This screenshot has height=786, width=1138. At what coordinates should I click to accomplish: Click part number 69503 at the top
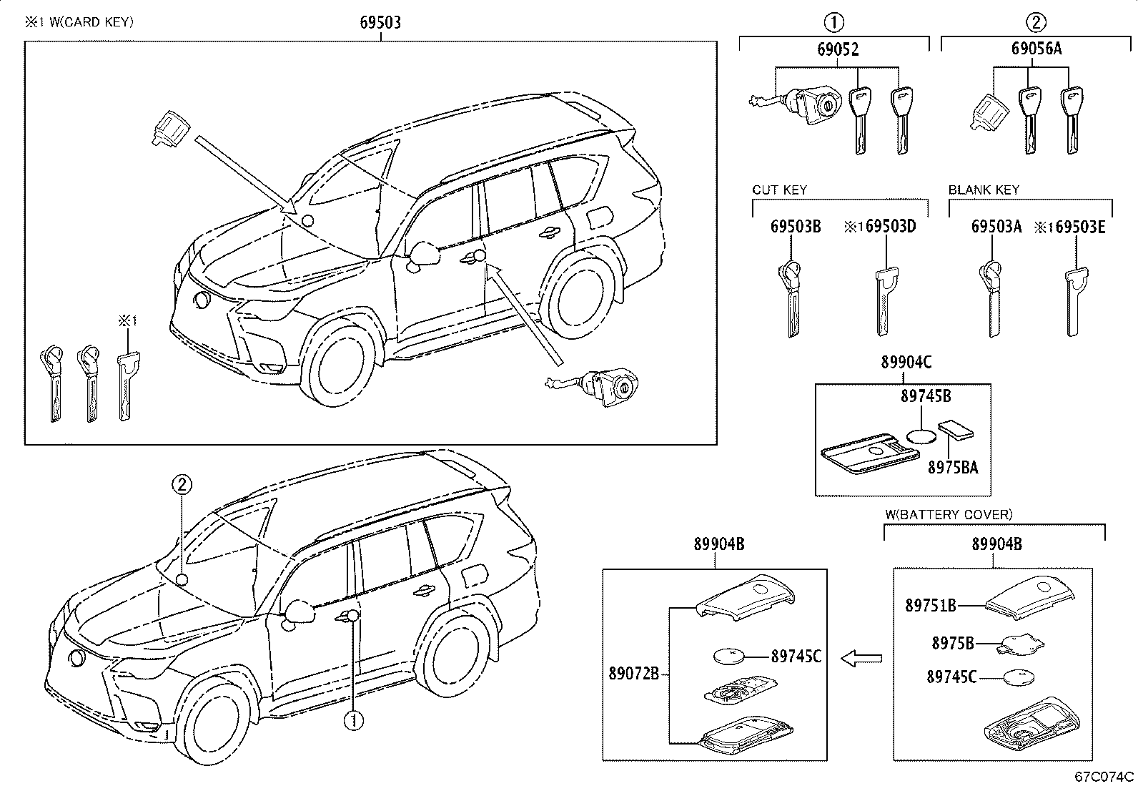coord(380,23)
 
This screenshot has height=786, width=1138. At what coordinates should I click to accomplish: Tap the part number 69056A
coord(1036,49)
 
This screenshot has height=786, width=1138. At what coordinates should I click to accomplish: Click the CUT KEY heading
coord(779,190)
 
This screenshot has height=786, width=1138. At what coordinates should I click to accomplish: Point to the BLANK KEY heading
coord(984,190)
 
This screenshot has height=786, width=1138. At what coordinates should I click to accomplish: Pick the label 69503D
coord(887,227)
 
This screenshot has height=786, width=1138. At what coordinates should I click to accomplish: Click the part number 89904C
coord(906,363)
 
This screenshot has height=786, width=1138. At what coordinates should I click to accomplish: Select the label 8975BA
coord(953,468)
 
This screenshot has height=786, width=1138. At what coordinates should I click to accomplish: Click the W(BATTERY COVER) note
coord(949,514)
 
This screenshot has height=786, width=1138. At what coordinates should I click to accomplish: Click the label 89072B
coord(634,673)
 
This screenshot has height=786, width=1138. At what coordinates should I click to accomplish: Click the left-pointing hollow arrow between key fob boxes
coord(861,658)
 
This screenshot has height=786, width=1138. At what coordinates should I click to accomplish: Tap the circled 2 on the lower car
coord(182,486)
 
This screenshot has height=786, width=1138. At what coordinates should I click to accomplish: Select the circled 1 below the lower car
coord(352,720)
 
